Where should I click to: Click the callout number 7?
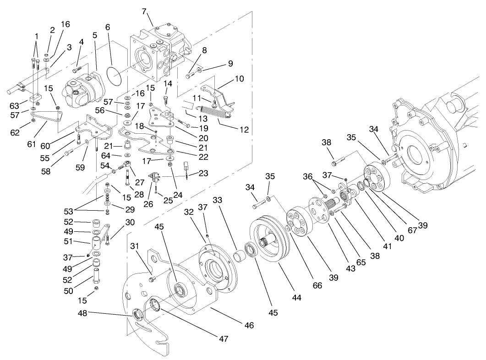tap(144, 11)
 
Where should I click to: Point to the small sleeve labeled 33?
tap(239, 253)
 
